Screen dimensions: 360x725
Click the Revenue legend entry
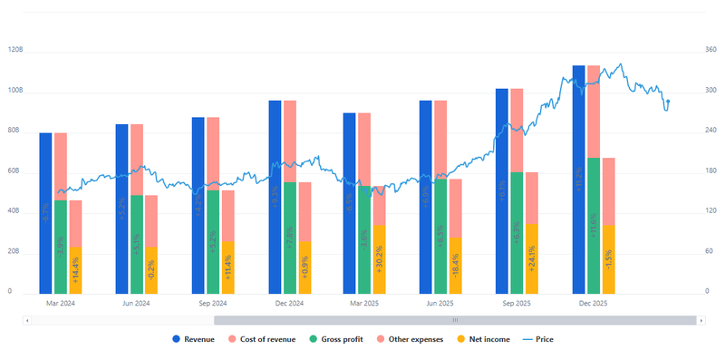[x=197, y=339]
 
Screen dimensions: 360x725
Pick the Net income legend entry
[x=485, y=339]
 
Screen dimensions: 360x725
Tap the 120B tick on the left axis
[x=15, y=52]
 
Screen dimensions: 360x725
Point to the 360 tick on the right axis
[x=710, y=52]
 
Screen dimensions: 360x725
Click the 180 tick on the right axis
[x=710, y=172]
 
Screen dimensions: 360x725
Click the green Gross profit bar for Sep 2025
[x=517, y=232]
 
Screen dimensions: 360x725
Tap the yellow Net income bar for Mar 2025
[x=379, y=259]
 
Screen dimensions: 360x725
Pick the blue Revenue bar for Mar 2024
[x=45, y=213]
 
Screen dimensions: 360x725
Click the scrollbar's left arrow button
[x=28, y=320]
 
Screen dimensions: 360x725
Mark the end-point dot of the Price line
[x=668, y=102]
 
